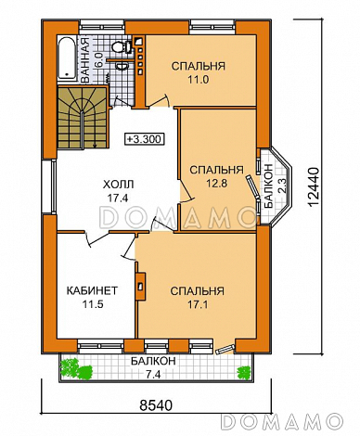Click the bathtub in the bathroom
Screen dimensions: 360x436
coord(67,58)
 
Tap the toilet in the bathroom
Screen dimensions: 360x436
coord(120,47)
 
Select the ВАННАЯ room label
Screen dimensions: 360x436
coord(84,59)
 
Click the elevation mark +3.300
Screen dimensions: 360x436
coord(144,139)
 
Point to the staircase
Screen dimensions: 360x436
coord(83,118)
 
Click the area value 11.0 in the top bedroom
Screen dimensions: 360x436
coord(199,80)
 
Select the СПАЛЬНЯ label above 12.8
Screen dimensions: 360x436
coord(216,170)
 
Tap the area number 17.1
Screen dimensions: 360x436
coord(198,304)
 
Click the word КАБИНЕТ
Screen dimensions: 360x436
coord(92,290)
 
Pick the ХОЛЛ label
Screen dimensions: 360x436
coord(118,185)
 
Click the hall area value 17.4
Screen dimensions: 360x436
coord(118,198)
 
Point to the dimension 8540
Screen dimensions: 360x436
coord(155,405)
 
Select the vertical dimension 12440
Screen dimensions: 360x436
coord(313,187)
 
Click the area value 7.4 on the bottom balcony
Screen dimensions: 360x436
coord(153,375)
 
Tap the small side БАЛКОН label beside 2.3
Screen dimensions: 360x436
coord(268,186)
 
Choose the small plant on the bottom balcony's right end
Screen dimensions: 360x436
coord(244,372)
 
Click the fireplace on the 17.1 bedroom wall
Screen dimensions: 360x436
coord(140,286)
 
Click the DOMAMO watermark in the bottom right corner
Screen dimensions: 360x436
coord(282,420)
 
